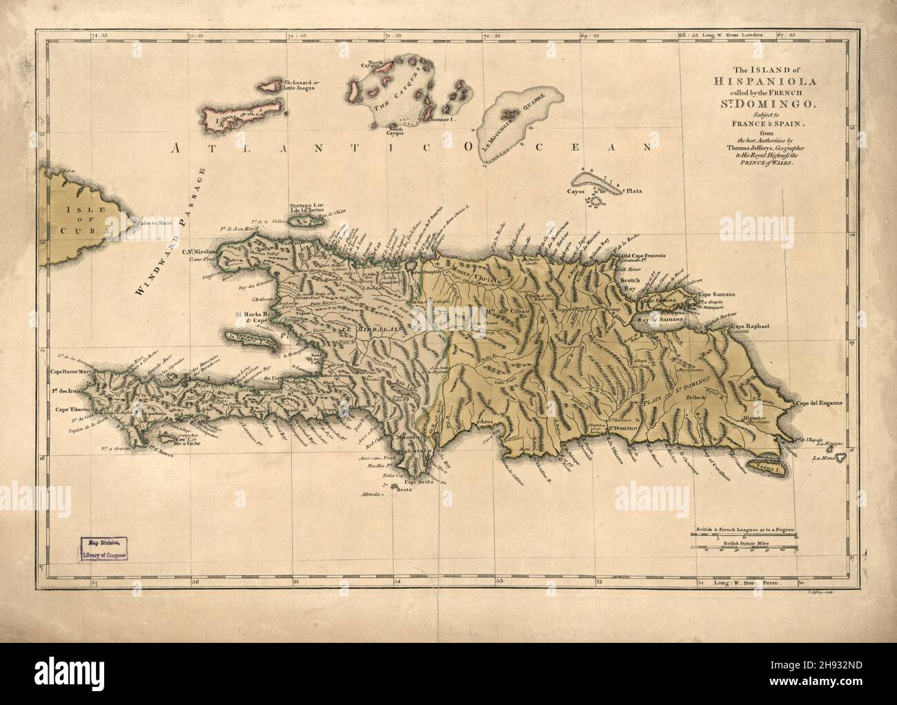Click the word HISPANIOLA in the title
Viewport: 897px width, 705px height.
coord(759,81)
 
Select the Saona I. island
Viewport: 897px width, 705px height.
coord(771,458)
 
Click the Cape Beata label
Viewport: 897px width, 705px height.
coord(418,483)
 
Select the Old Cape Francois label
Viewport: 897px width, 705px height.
coord(642,255)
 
